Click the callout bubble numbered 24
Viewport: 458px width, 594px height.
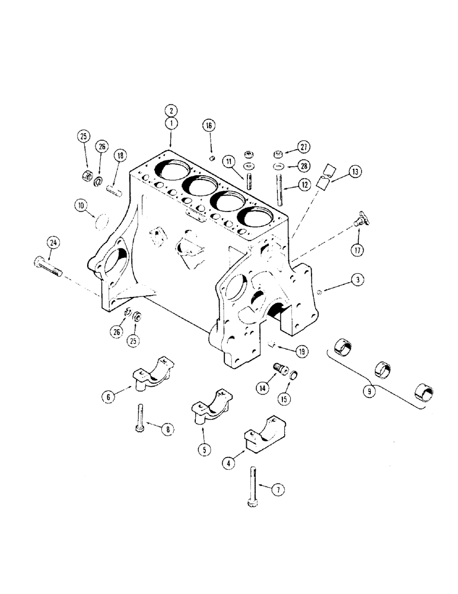54,242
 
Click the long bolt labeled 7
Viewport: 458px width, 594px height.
253,485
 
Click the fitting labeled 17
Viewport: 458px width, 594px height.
360,221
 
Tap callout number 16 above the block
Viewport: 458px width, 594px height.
209,125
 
